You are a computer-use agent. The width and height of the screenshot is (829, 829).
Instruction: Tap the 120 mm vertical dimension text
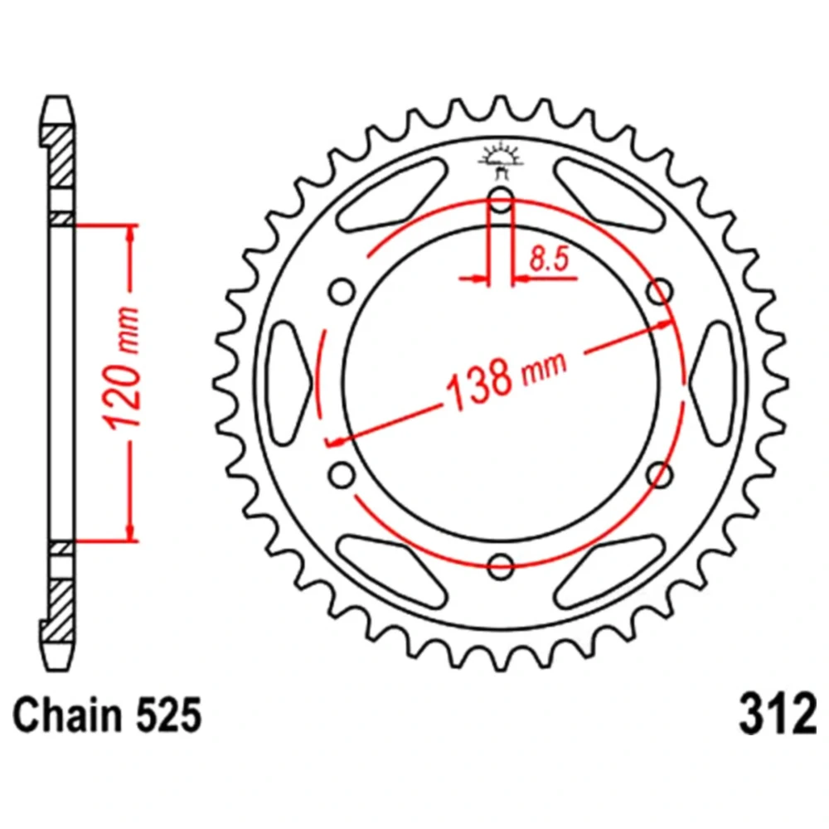coord(123,367)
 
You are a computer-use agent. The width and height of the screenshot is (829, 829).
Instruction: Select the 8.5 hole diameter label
coord(550,259)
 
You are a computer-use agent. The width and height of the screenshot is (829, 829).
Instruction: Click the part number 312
coord(778,715)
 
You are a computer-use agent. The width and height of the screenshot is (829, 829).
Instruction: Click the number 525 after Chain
coord(168,715)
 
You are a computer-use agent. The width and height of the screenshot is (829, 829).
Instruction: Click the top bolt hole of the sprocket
coord(501,200)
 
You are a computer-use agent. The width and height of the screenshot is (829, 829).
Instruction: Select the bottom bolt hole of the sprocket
coord(501,566)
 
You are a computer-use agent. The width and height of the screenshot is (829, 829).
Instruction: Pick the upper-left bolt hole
coord(342,291)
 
